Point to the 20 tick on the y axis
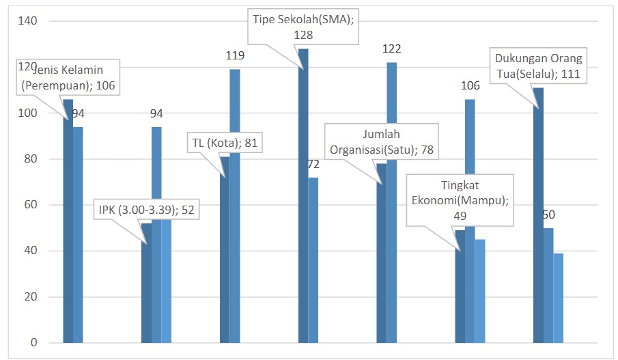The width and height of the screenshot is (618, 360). [31, 297]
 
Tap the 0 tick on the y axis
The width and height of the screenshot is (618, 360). [33, 343]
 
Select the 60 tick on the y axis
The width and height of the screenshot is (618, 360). [31, 205]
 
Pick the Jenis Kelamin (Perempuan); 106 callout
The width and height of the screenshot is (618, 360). [69, 74]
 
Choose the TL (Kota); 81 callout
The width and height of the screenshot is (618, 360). [224, 143]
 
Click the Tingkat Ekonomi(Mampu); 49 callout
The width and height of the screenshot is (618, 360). [459, 199]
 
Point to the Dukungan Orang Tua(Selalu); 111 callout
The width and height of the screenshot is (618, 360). [539, 66]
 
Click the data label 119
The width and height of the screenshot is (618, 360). [234, 56]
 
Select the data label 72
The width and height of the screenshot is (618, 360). [313, 164]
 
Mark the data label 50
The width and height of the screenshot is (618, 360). [548, 214]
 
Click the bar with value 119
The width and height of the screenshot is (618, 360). [235, 205]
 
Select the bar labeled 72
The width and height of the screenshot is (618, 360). [313, 260]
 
